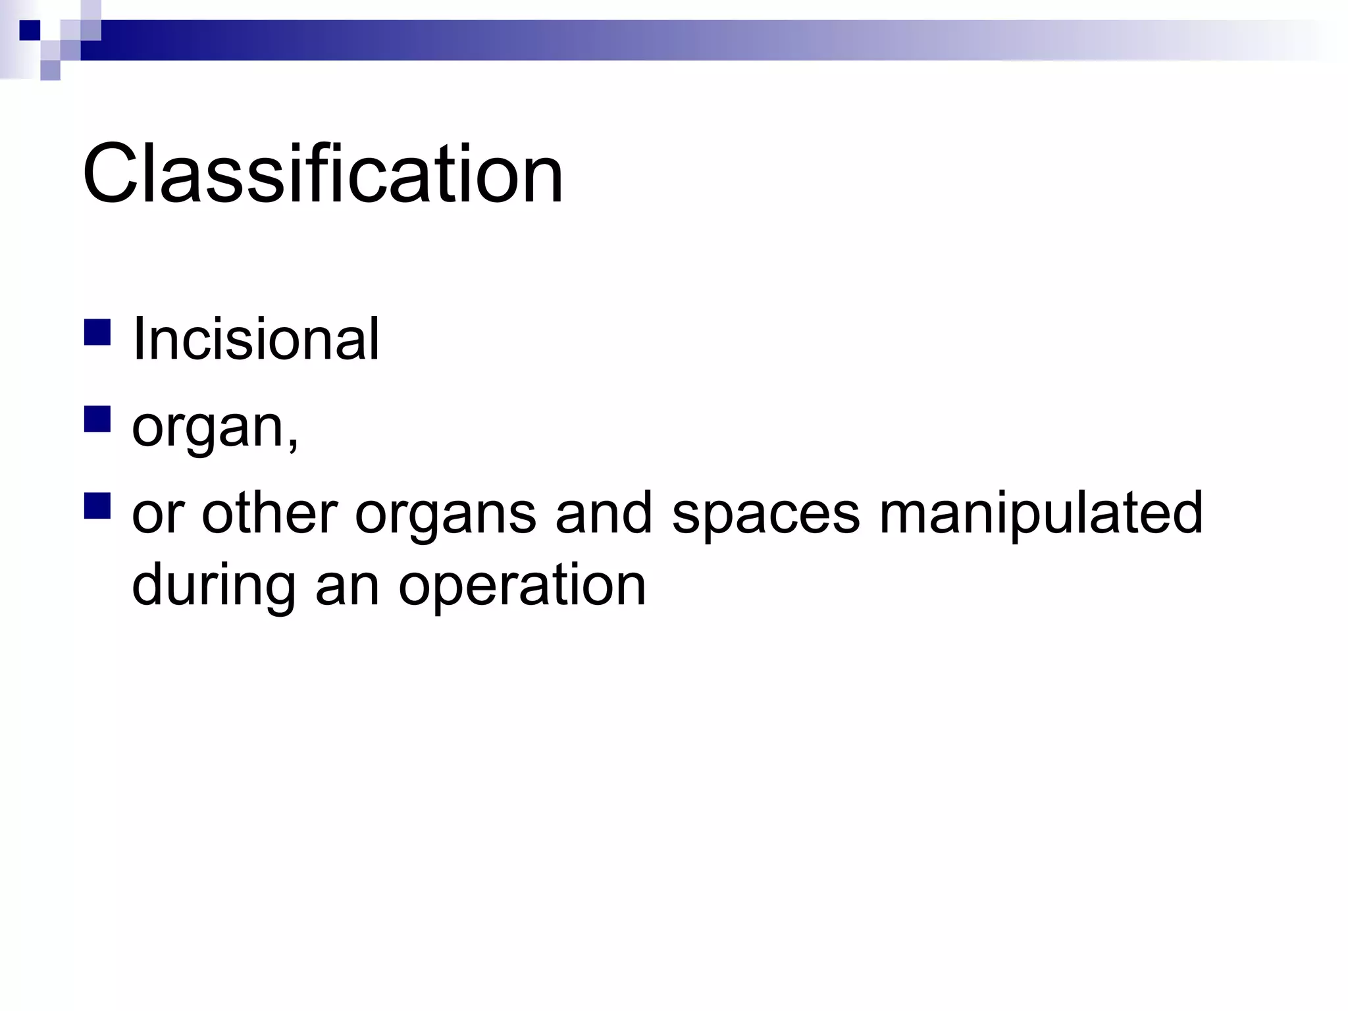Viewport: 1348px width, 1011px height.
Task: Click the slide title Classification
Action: coord(323,174)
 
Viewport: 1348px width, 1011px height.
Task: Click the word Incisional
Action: coord(255,339)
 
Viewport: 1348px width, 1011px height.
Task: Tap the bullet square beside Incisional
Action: coord(97,332)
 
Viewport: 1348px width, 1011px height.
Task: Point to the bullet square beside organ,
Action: coord(97,419)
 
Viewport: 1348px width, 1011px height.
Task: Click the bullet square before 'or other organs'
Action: coord(97,506)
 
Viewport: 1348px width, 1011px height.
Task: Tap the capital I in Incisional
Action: coord(138,339)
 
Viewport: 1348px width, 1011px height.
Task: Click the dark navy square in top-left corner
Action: coord(29,30)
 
